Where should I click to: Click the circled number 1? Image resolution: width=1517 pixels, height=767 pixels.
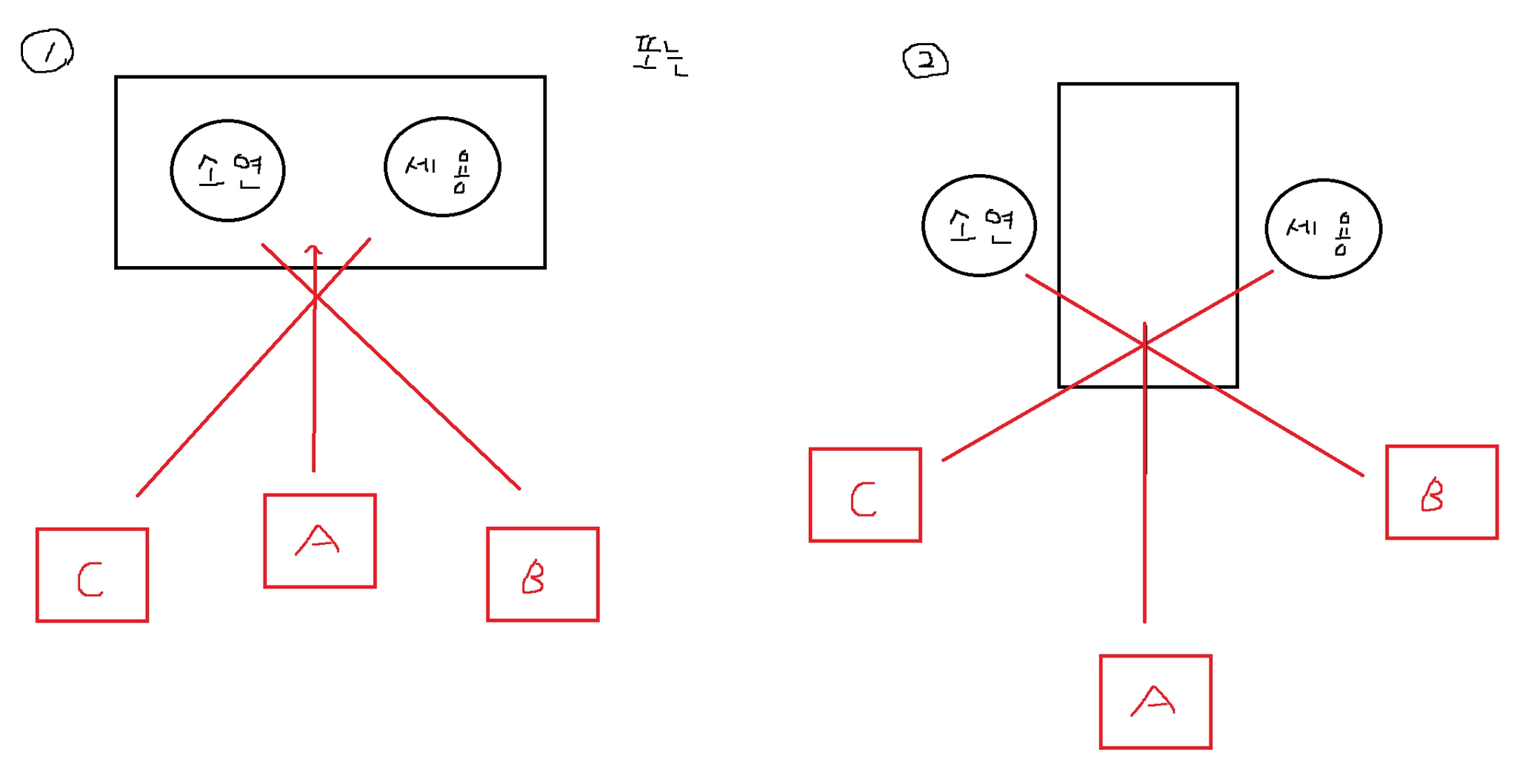point(47,51)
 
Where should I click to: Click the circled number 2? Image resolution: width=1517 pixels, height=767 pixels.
point(925,61)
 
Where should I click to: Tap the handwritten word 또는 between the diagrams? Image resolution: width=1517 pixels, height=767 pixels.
point(660,57)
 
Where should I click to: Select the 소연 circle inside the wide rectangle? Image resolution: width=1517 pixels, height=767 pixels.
point(227,170)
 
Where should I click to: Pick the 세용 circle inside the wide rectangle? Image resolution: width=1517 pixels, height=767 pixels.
point(442,167)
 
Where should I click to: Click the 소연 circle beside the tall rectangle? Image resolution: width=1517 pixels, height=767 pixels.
point(978,225)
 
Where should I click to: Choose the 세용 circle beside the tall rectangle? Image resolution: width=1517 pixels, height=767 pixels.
point(1323,228)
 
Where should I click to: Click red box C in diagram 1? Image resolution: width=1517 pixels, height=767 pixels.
point(92,575)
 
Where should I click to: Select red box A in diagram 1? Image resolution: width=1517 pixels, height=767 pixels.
point(320,541)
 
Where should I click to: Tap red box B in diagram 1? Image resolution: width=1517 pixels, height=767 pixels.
point(542,574)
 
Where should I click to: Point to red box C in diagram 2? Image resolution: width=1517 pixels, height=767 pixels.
point(865,495)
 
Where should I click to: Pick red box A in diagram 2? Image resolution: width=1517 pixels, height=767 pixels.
point(1156,702)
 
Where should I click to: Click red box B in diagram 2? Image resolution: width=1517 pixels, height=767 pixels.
point(1441,492)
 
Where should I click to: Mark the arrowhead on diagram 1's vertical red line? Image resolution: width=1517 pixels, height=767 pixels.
point(315,250)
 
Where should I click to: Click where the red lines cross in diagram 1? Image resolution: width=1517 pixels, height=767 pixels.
point(316,297)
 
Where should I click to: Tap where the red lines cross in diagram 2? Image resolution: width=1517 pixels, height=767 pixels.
point(1144,345)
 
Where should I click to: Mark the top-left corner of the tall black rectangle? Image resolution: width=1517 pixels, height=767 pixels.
point(1059,84)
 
